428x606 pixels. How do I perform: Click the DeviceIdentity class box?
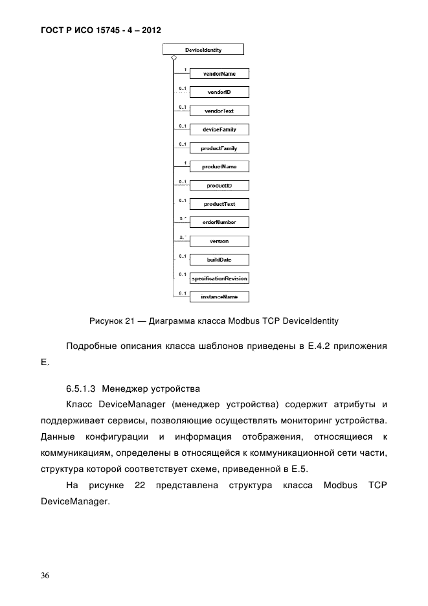pyautogui.click(x=204, y=49)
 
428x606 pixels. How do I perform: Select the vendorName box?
pyautogui.click(x=219, y=74)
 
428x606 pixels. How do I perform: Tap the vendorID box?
pyautogui.click(x=219, y=93)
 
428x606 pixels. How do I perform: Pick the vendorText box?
pyautogui.click(x=219, y=111)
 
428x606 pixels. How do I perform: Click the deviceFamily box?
pyautogui.click(x=219, y=129)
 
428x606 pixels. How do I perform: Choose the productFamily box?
pyautogui.click(x=219, y=148)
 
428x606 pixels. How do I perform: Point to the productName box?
pyautogui.click(x=219, y=166)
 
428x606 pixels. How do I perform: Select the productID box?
pyautogui.click(x=219, y=185)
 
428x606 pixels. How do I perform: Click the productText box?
pyautogui.click(x=219, y=204)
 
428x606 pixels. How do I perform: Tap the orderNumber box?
pyautogui.click(x=219, y=222)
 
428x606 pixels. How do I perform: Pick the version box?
pyautogui.click(x=219, y=241)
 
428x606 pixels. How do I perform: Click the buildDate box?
pyautogui.click(x=219, y=260)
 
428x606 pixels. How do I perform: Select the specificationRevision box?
pyautogui.click(x=219, y=278)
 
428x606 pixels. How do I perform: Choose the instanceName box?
pyautogui.click(x=219, y=297)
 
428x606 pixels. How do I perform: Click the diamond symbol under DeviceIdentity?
pyautogui.click(x=174, y=58)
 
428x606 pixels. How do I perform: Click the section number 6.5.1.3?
pyautogui.click(x=81, y=389)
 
